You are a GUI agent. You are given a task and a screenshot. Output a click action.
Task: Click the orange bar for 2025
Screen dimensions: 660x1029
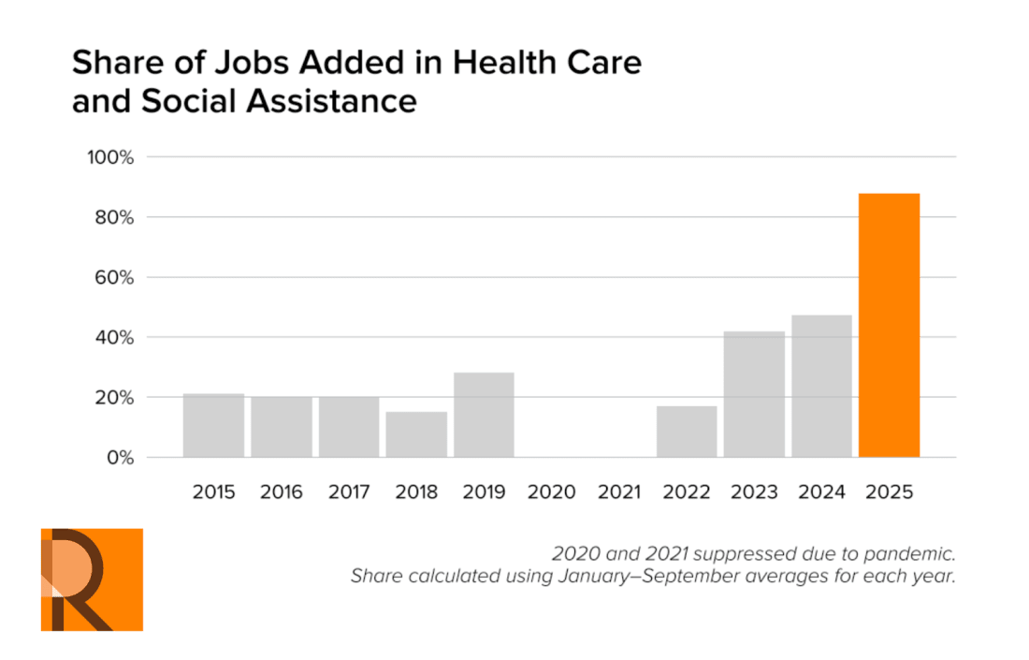(x=889, y=325)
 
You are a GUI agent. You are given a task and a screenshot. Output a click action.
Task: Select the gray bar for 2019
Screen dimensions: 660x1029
(x=484, y=415)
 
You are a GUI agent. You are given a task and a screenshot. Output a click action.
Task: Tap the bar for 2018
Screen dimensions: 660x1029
(x=416, y=434)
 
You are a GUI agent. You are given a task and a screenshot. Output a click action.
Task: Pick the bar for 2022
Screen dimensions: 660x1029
(x=687, y=432)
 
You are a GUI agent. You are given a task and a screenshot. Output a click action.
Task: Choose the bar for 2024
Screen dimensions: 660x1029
(x=821, y=386)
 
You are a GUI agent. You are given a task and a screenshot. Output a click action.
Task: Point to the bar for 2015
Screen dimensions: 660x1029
(x=213, y=425)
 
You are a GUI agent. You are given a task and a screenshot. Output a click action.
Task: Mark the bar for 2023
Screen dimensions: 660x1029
(x=754, y=394)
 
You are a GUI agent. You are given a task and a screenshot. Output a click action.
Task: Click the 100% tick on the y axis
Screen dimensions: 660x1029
(x=111, y=157)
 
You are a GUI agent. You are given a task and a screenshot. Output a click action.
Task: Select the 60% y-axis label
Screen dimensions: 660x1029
(x=114, y=278)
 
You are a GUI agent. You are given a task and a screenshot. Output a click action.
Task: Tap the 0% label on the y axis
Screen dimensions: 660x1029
(x=119, y=459)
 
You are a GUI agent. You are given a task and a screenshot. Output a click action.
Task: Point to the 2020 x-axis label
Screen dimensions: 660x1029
(x=551, y=492)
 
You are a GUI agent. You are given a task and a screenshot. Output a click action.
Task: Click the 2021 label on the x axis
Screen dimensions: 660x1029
(x=618, y=492)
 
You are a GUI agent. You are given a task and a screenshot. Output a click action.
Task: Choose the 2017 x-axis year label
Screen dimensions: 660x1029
(x=349, y=492)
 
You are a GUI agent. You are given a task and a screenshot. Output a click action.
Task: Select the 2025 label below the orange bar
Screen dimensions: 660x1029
(x=889, y=492)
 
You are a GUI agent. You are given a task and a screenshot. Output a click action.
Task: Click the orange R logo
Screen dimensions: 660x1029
(x=92, y=579)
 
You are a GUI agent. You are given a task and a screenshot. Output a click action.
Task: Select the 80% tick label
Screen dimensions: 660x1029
(x=114, y=218)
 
